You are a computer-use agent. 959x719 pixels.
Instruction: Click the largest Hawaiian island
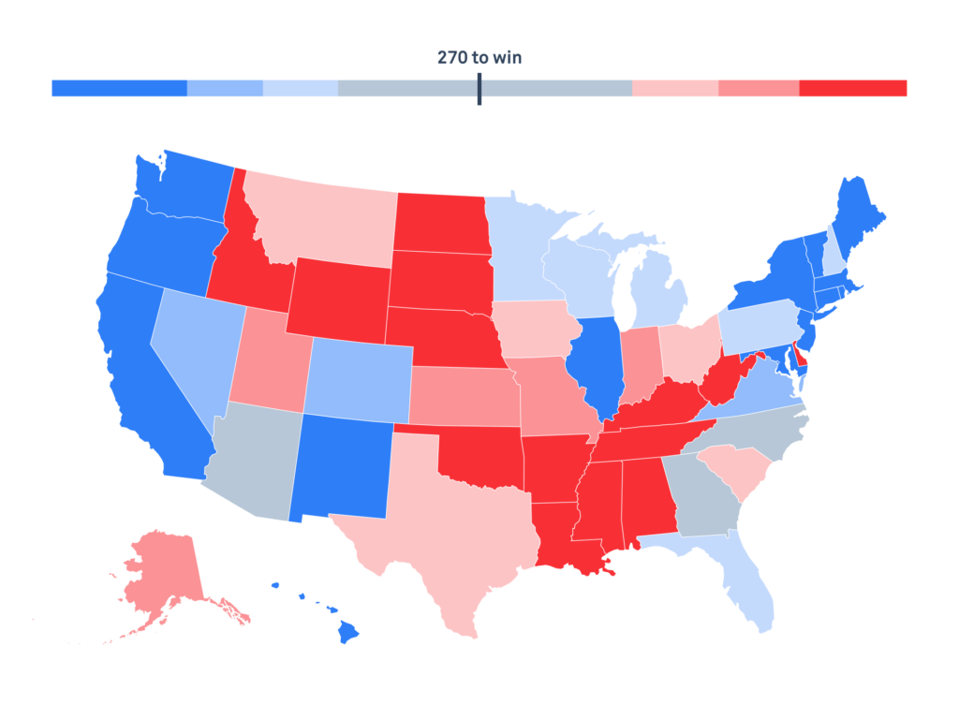point(347,633)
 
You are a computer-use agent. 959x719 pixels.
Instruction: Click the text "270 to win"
point(479,58)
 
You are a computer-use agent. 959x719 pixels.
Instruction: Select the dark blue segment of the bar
point(119,88)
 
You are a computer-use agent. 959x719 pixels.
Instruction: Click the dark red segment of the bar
point(852,88)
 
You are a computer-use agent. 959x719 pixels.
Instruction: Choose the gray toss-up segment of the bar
point(412,88)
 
